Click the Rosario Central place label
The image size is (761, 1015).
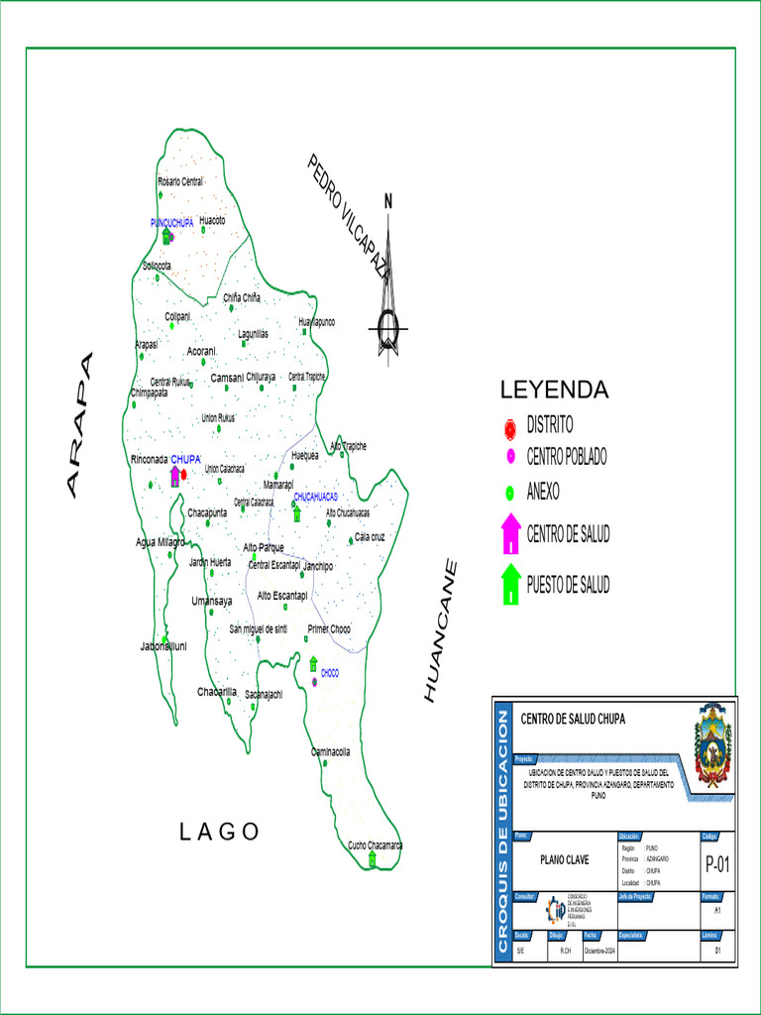pos(179,181)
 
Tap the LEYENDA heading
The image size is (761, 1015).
pos(554,389)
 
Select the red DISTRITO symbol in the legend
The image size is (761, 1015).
pos(510,427)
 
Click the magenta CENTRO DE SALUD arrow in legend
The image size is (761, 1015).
pos(510,534)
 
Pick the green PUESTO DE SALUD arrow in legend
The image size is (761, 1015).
pos(510,584)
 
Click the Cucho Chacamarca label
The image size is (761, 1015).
pos(375,846)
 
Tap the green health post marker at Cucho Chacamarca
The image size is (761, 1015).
pos(373,859)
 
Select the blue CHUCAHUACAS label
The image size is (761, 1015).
pos(316,496)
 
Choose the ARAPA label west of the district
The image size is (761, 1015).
pos(78,423)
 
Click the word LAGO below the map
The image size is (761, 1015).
pos(220,832)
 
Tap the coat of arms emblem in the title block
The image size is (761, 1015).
pos(712,744)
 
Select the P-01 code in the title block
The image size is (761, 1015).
pos(716,865)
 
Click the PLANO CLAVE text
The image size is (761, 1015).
pos(562,861)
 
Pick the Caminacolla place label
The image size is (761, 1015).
pos(331,751)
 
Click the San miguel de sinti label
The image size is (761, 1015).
pos(259,629)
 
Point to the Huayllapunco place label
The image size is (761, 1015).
pos(317,322)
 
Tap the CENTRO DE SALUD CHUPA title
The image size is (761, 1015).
pos(573,719)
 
